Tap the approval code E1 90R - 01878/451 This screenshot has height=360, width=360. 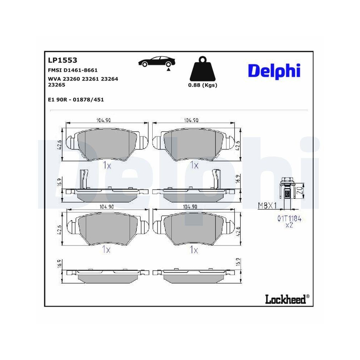coord(76,100)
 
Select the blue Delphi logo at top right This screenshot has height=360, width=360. coord(274,70)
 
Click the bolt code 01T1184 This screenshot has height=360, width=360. coord(289,218)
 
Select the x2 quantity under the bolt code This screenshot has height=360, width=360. coord(289,225)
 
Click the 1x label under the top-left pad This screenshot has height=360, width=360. coord(107,165)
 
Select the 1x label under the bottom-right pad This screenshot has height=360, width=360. coord(194,249)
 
